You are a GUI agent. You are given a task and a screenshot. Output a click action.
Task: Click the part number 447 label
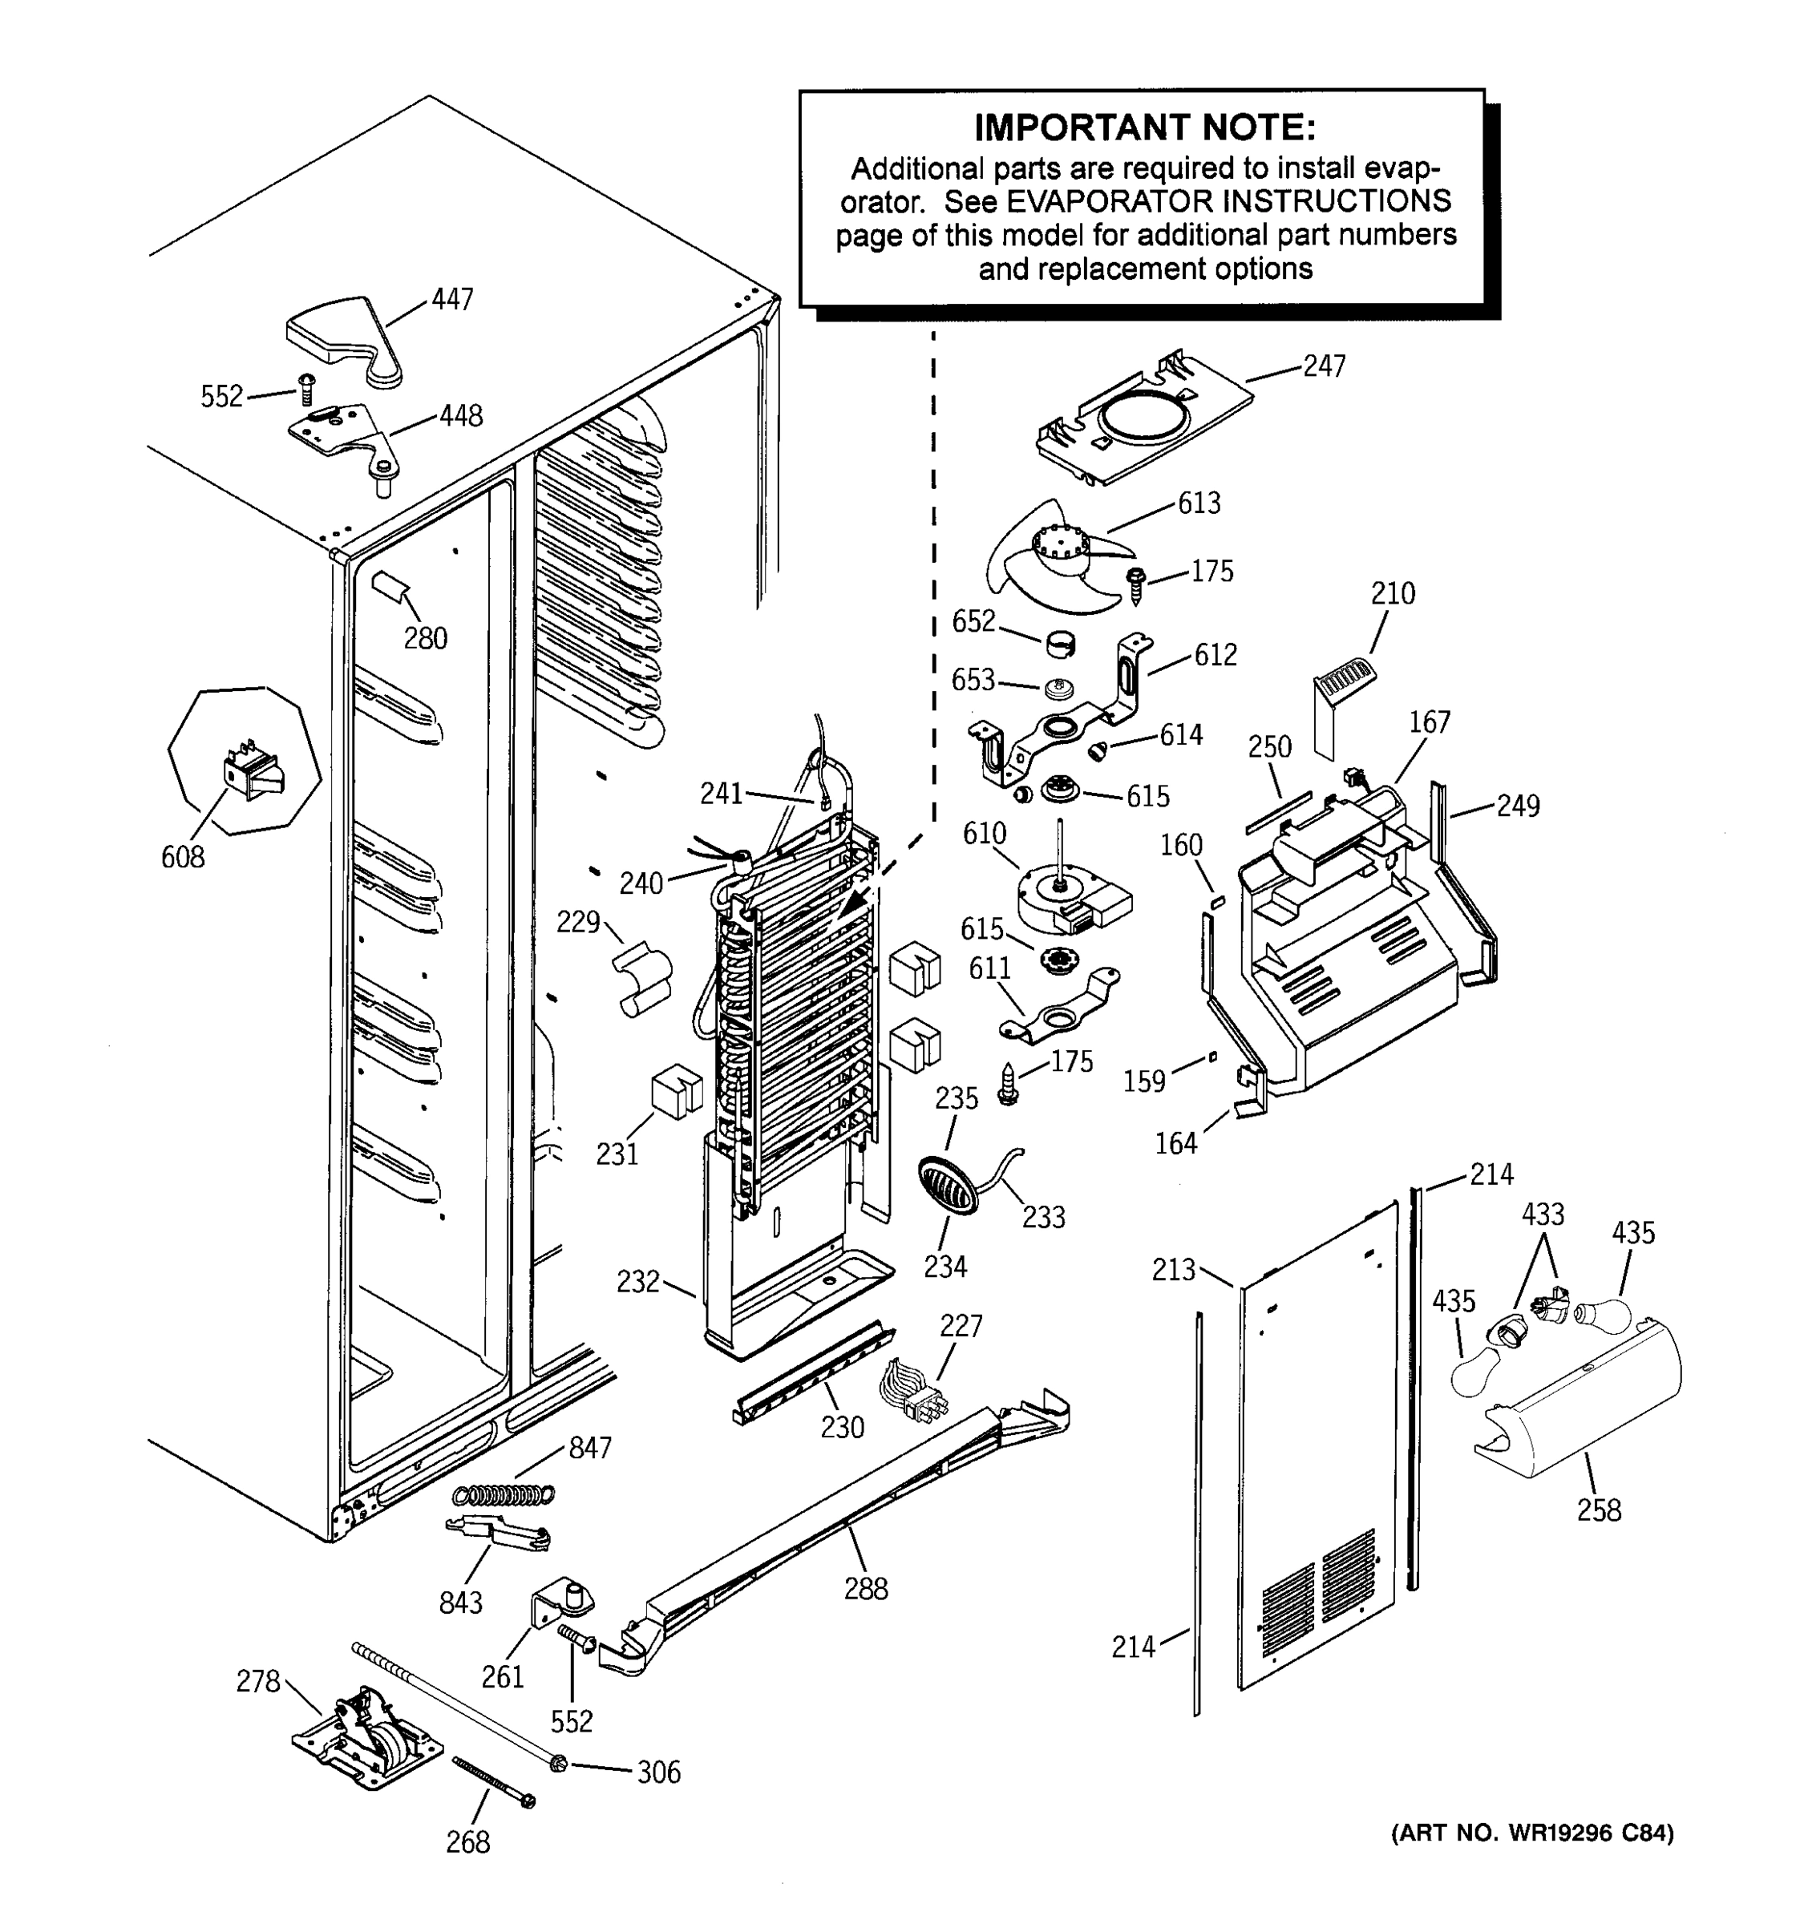(452, 299)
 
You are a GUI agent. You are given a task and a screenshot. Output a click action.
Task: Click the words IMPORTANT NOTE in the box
(1144, 127)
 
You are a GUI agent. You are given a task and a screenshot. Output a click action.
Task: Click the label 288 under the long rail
(865, 1588)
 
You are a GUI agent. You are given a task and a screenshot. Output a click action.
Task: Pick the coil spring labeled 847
(504, 1495)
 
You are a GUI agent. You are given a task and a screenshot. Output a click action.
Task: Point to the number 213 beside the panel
(1174, 1269)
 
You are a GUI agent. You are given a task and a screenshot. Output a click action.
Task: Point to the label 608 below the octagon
(182, 856)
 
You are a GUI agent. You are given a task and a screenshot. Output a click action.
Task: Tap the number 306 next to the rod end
(658, 1772)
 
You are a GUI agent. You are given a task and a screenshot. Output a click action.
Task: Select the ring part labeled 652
(1062, 643)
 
